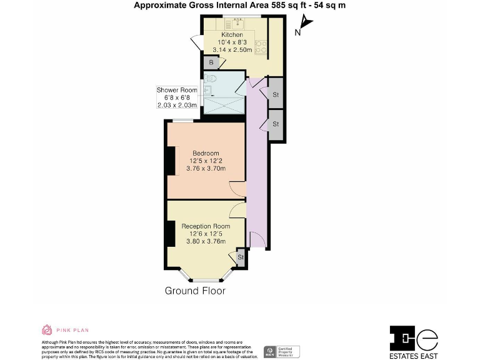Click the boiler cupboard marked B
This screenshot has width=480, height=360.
211,62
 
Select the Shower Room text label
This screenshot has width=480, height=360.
176,90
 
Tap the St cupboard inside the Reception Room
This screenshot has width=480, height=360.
239,257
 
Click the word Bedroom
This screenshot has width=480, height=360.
206,154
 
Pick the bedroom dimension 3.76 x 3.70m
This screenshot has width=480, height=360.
206,169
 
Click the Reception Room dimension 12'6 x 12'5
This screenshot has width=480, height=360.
206,234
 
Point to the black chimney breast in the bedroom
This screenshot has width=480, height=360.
171,161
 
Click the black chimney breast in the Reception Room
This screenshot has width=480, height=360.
171,234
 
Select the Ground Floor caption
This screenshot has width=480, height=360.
195,291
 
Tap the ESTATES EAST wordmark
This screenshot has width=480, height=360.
414,355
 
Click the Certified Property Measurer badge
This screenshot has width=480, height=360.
282,351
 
